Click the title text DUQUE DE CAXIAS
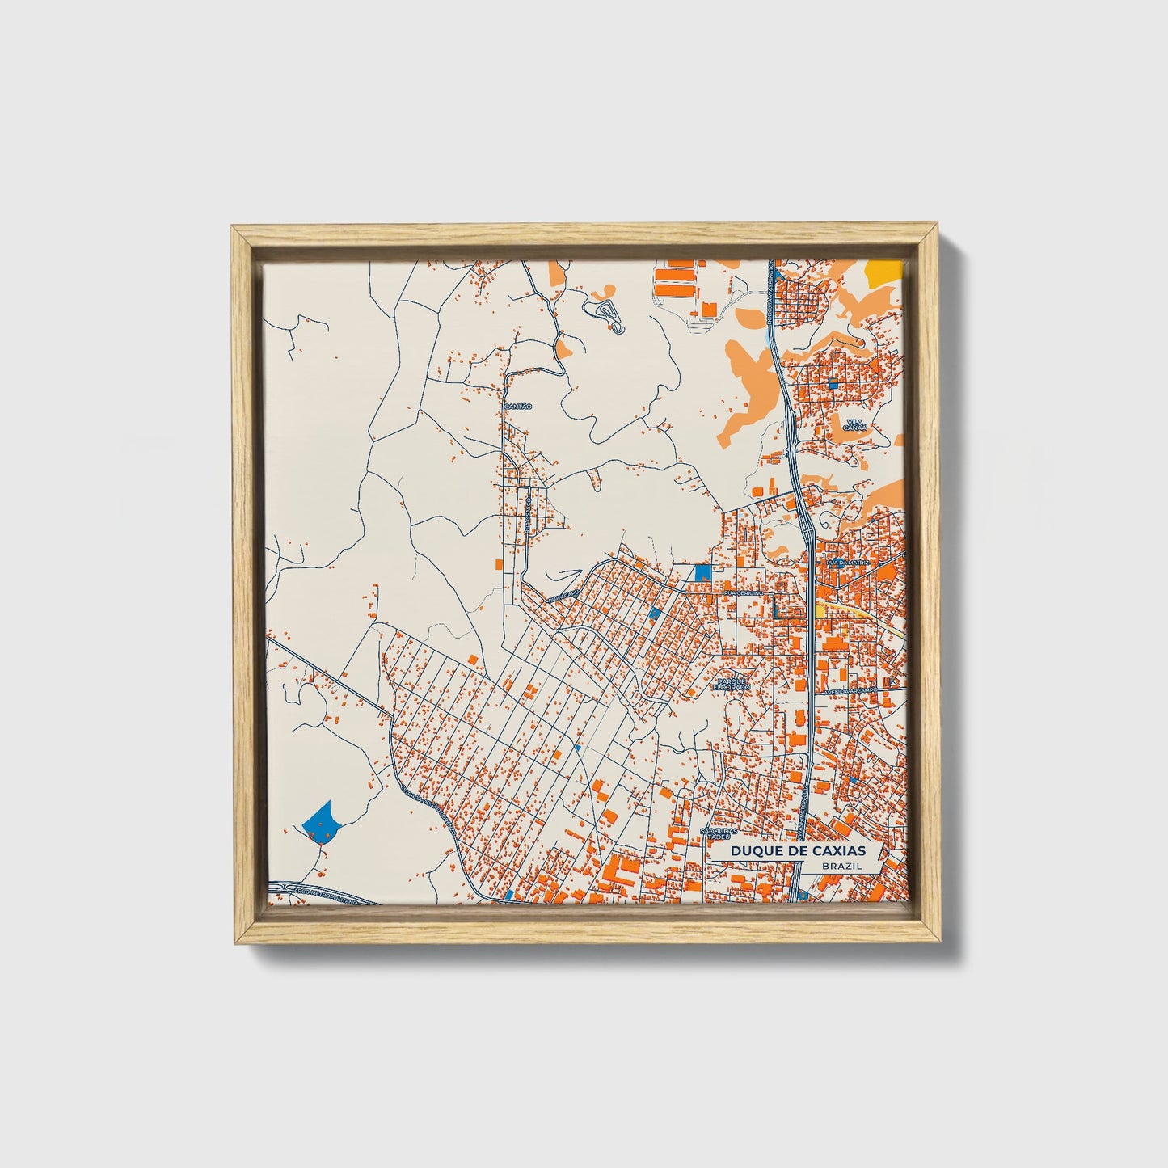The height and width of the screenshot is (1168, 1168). point(796,851)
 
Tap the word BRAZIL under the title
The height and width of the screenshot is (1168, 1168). point(840,866)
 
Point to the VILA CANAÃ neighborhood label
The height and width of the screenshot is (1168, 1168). point(854,425)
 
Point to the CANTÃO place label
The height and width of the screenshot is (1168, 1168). point(517,406)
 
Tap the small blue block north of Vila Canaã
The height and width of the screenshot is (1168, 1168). point(832,384)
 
